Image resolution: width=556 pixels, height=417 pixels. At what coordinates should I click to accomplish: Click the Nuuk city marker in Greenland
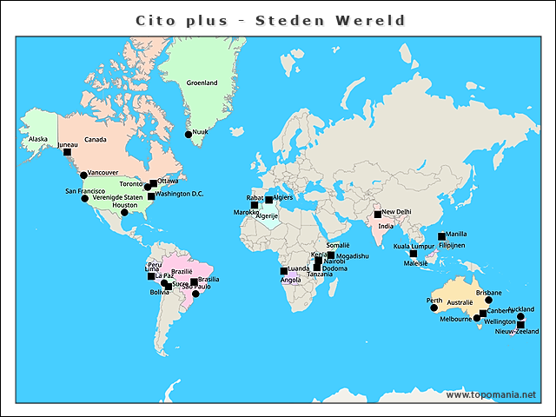pos(188,134)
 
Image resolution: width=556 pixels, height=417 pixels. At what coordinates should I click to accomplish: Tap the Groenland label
pos(202,83)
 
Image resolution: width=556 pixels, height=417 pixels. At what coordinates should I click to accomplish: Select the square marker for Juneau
pos(67,152)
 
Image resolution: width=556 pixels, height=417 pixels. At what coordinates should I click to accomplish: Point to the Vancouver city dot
pos(84,175)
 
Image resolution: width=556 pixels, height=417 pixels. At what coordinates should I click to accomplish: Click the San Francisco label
pos(85,191)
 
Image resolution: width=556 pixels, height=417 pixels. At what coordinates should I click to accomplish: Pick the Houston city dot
pos(124,212)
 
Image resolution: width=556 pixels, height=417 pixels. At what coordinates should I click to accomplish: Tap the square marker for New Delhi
pos(378,214)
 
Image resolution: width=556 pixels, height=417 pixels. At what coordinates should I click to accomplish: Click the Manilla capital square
pos(441,236)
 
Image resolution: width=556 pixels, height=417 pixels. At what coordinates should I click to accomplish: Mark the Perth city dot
pos(434,308)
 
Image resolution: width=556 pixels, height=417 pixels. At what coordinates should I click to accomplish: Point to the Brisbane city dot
pos(488,301)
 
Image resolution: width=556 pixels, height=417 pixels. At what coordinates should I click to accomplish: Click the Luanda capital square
pos(283,271)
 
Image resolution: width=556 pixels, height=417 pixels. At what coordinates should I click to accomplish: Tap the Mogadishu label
pos(352,256)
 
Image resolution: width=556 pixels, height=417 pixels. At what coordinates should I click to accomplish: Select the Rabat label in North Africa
pos(242,198)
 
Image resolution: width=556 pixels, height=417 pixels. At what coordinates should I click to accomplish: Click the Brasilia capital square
pos(194,281)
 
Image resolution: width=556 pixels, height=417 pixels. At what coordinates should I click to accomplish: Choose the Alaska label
pos(38,139)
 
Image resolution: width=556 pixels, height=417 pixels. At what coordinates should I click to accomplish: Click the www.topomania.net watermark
pos(491,395)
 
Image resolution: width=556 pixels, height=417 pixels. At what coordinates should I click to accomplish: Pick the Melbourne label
pos(455,320)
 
